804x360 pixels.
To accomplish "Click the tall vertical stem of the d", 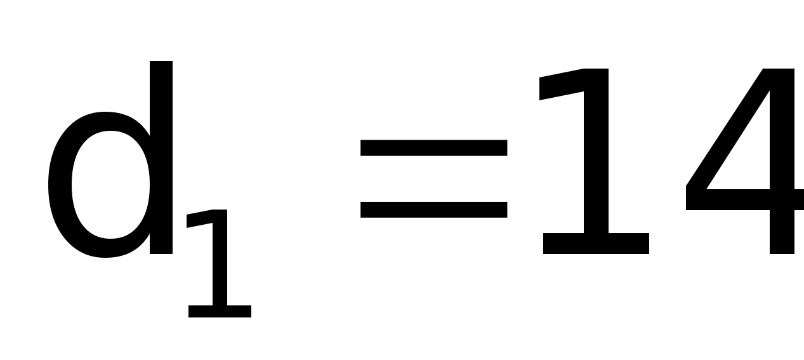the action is coord(161,159).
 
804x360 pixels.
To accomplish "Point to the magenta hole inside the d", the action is coord(111,185).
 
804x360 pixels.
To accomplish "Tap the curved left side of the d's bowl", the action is coord(58,185).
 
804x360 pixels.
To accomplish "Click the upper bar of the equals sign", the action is coord(433,147).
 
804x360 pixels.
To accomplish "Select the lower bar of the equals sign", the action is coord(433,210).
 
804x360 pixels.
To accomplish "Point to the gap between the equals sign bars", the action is coord(433,178).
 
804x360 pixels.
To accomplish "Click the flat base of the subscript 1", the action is coord(220,312).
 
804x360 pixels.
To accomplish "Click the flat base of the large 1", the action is coord(596,244).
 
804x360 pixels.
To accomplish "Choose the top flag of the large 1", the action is coord(558,89).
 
